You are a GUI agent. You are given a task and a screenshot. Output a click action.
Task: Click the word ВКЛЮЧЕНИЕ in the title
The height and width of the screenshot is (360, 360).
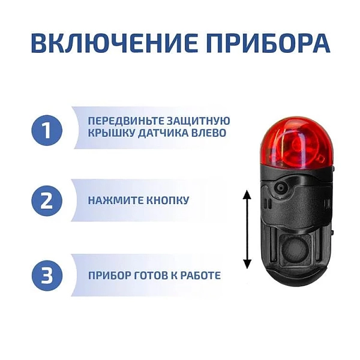tap(114, 43)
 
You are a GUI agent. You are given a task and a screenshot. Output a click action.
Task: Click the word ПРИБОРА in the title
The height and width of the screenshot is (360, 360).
tap(268, 43)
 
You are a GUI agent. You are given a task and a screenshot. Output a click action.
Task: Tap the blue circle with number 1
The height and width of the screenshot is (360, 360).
tap(47, 130)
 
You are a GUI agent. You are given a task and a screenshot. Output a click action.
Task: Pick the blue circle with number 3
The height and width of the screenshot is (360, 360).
tap(47, 275)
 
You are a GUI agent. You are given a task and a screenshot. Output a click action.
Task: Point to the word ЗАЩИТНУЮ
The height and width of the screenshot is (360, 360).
tap(198, 121)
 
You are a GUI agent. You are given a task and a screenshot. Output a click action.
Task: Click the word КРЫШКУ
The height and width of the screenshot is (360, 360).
tap(111, 133)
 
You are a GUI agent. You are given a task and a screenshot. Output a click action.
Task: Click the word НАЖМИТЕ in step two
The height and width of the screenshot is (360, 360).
tap(115, 200)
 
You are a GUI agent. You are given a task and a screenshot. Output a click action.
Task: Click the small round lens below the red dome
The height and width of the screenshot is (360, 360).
tap(281, 188)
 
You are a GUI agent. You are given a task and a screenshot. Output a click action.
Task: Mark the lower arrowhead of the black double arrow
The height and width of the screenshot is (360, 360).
tap(247, 264)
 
